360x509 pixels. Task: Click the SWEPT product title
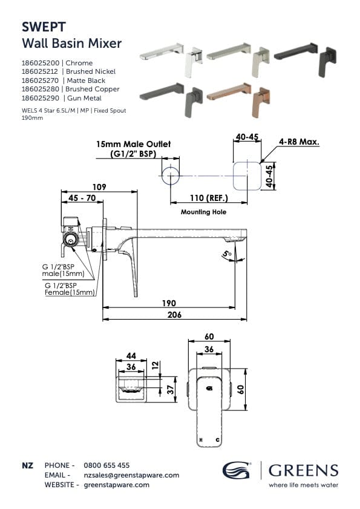[44, 27]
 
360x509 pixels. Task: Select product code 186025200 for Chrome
[41, 62]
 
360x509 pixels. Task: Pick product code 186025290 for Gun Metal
[41, 97]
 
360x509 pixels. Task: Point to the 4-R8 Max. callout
[299, 143]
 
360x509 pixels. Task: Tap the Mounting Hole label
[203, 212]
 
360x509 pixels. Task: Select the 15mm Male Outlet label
[133, 145]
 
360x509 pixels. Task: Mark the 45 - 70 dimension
[82, 198]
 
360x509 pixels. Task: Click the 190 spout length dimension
[168, 303]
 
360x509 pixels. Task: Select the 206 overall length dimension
[169, 315]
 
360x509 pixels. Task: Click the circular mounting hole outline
[171, 177]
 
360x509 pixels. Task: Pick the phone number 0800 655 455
[106, 465]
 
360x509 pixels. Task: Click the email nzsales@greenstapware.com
[131, 475]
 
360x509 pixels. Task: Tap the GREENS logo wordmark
[304, 470]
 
